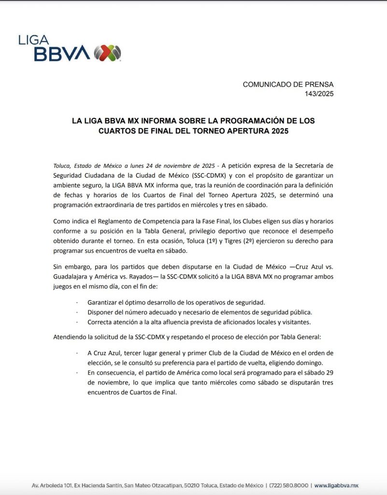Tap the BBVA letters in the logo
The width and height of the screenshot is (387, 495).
point(61,54)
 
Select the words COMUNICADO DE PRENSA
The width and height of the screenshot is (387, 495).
point(288,84)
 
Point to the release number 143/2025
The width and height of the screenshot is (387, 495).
point(319,93)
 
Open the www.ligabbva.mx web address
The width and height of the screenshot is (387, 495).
point(337,485)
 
